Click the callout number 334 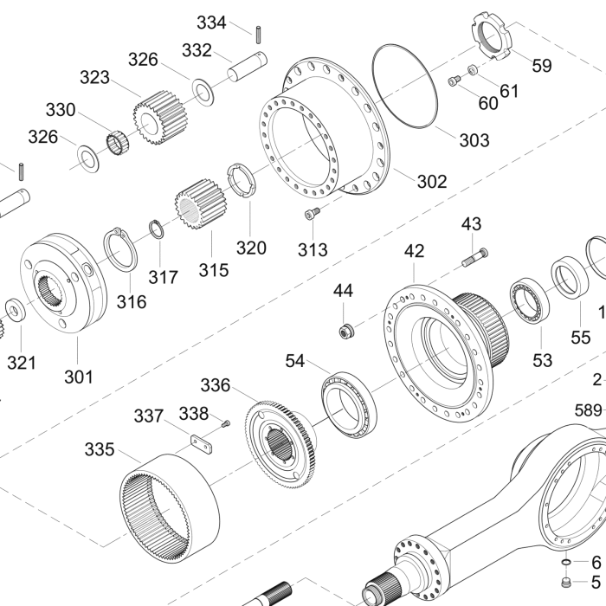[x=210, y=23]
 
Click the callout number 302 [x=431, y=181]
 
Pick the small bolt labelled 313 [x=313, y=214]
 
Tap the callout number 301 [x=77, y=377]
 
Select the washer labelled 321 [x=16, y=308]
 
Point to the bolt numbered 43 [x=474, y=256]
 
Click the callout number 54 [x=295, y=360]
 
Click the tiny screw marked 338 [x=225, y=423]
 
